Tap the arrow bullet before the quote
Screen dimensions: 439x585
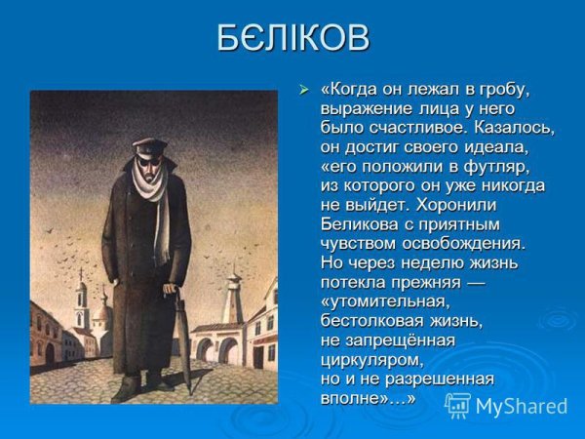point(303,91)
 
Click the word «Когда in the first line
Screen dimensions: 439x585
point(351,91)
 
